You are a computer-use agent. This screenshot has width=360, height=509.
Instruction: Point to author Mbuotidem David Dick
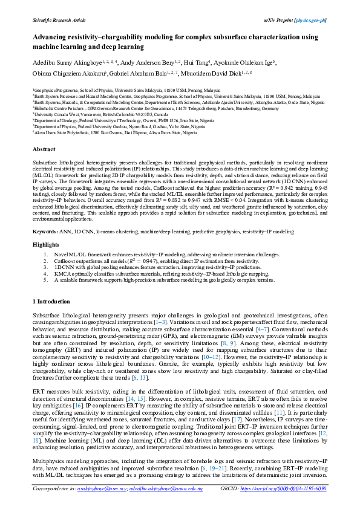(x=215, y=74)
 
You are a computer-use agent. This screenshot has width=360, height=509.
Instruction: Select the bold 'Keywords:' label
(x=45, y=215)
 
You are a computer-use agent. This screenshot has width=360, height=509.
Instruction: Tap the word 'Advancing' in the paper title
(x=53, y=37)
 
